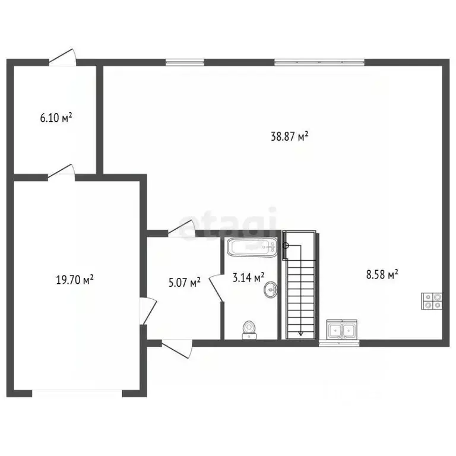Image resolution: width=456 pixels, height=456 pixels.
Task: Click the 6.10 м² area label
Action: pos(56,118)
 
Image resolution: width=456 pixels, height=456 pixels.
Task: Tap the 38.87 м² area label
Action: pos(289,136)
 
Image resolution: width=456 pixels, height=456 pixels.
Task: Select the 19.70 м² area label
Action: pos(75,280)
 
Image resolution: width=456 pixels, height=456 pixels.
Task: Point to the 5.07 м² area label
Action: pos(185,283)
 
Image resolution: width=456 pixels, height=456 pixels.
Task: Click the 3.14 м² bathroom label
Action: pos(248,277)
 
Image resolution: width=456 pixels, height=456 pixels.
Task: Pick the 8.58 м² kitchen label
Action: pos(382,274)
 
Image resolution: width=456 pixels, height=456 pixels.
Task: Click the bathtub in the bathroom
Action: pos(252,247)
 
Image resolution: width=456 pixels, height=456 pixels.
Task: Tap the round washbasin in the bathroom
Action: pos(271,290)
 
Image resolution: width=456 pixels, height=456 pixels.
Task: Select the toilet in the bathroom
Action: pos(249,330)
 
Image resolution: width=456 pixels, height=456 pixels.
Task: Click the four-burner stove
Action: pos(432,301)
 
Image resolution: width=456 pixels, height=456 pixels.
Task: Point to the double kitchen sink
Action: pos(342,330)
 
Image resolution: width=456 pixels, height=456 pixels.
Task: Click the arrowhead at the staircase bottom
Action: pos(301,334)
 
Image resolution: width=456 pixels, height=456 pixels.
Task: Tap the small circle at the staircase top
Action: pos(286,245)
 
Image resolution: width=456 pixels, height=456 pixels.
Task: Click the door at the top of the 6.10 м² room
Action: pos(62,58)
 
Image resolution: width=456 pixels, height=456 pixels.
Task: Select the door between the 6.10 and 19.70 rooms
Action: pos(61,172)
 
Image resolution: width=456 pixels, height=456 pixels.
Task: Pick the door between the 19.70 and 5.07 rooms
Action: pos(148,311)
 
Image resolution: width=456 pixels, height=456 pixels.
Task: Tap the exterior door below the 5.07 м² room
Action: pos(177,349)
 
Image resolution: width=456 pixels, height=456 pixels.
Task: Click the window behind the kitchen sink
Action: pos(339,343)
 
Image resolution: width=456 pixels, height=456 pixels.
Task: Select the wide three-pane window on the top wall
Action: pos(319,62)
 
